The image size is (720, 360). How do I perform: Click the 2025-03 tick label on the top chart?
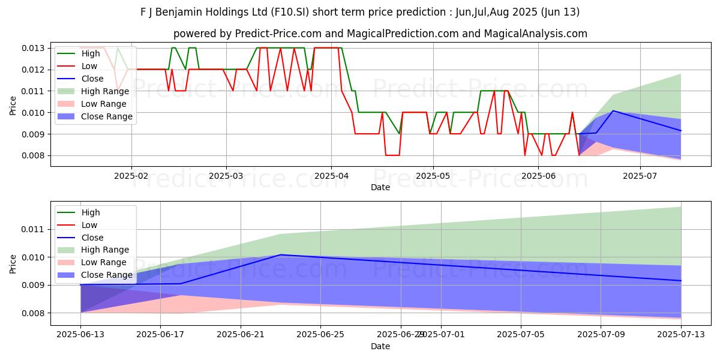226,176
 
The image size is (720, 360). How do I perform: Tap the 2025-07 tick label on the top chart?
640,176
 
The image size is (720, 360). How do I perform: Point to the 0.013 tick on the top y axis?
34,48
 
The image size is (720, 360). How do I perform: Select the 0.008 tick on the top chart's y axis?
34,156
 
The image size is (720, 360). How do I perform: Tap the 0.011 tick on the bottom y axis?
34,229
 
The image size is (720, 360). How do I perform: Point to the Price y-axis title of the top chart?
13,105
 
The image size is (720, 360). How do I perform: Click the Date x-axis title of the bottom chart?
380,346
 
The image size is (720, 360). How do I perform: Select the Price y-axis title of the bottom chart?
13,263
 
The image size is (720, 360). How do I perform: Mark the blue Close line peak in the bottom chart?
280,255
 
